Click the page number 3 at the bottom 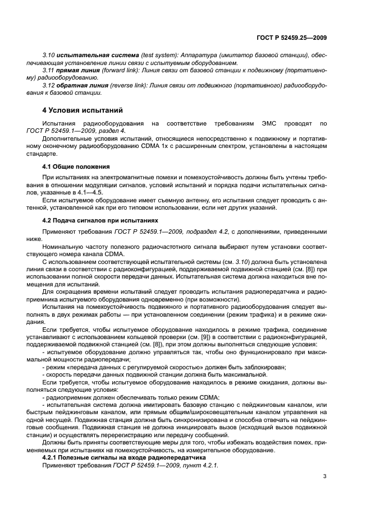pyautogui.click(x=324, y=477)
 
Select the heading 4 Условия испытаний pyautogui.click(x=83, y=110)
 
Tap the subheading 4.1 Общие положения pyautogui.click(x=76, y=166)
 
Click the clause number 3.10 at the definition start pyautogui.click(x=49, y=57)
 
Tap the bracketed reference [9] pyautogui.click(x=207, y=342)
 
